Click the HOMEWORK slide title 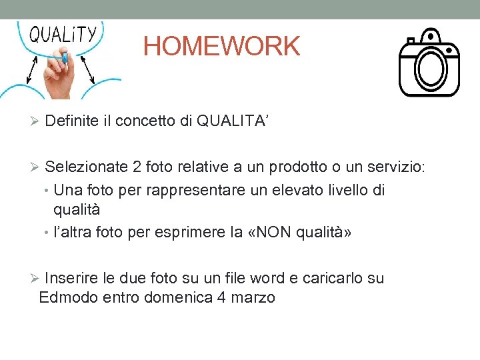point(221,47)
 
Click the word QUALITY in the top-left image point(64,34)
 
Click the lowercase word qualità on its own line point(77,209)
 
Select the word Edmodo point(69,297)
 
